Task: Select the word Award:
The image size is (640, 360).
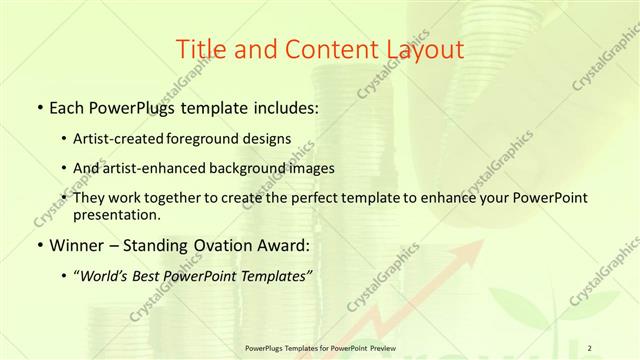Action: (x=287, y=243)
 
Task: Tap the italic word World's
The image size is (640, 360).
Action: (x=102, y=274)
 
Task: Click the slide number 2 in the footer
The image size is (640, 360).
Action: (x=591, y=347)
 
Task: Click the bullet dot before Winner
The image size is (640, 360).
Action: (x=38, y=244)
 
